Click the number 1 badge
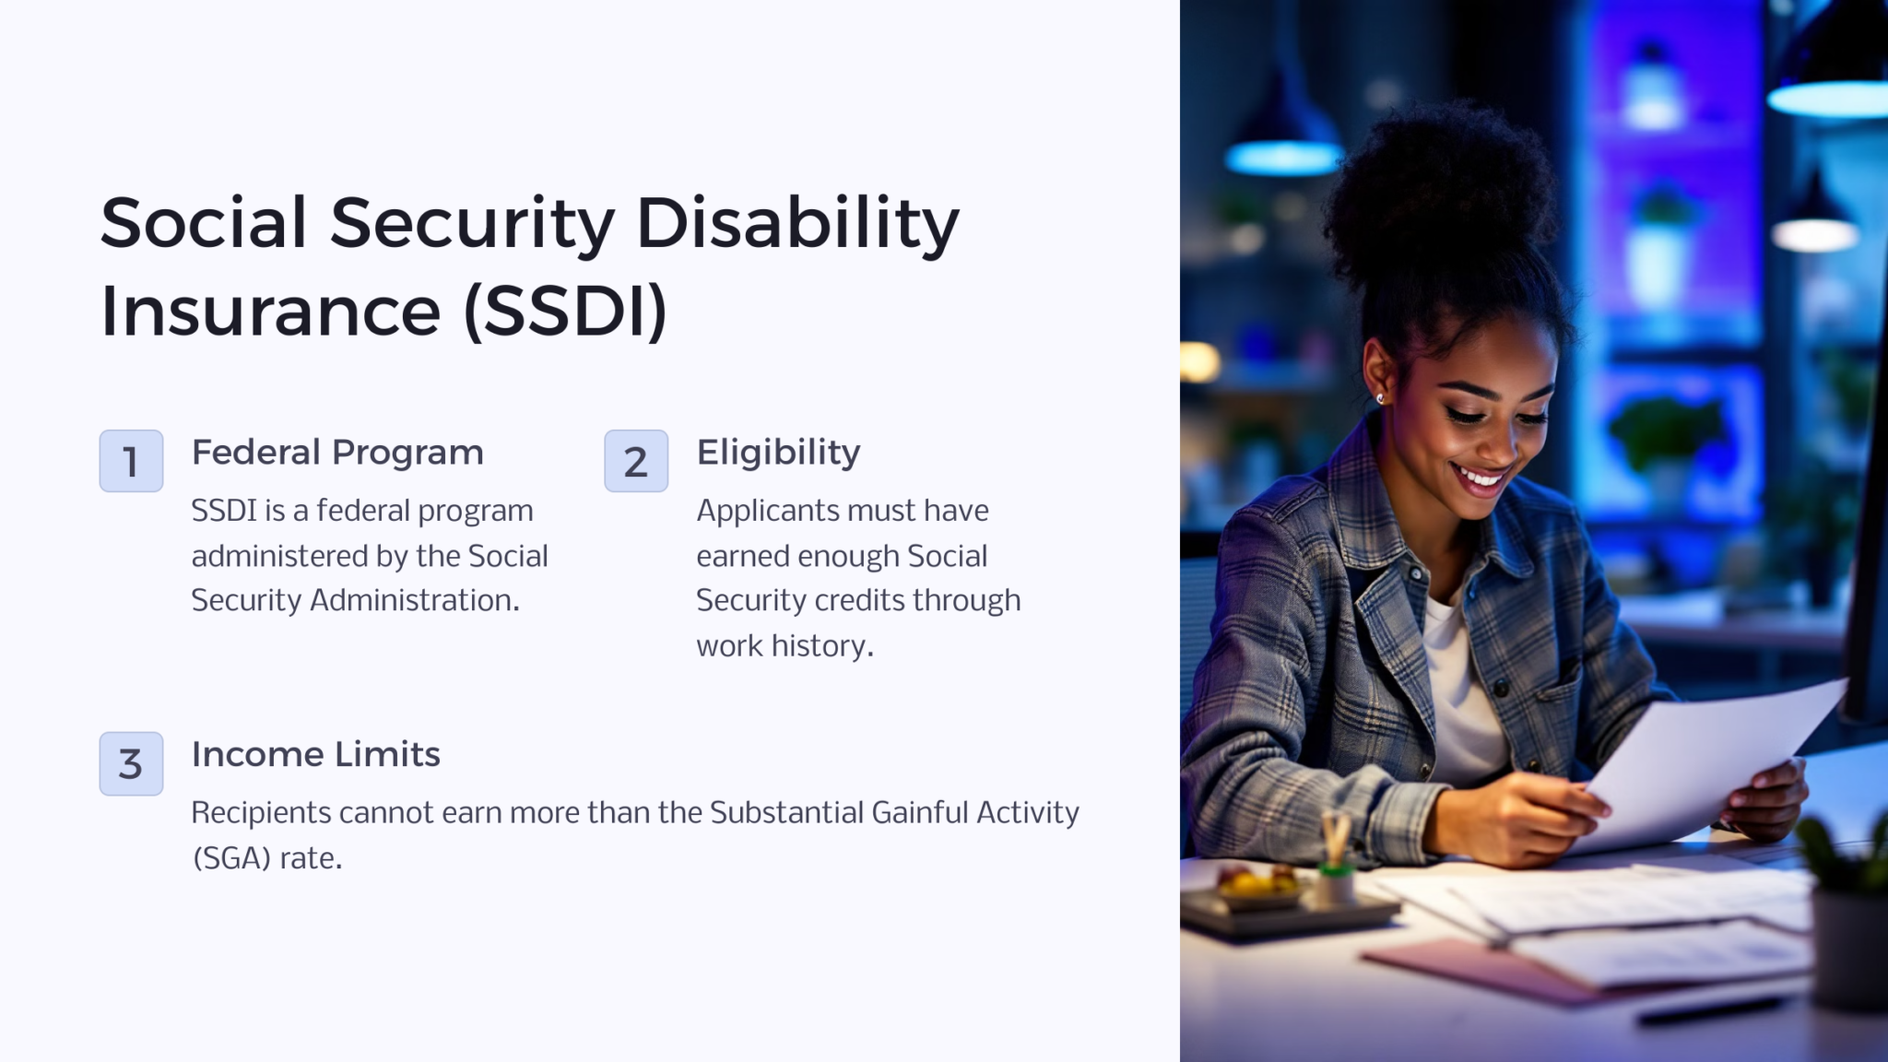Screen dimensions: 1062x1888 (131, 461)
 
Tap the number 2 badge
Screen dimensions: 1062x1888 (636, 461)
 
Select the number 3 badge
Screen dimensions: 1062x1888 (131, 763)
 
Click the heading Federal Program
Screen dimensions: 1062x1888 (336, 453)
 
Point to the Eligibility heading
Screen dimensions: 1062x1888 (778, 453)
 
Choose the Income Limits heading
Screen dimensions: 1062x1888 (315, 754)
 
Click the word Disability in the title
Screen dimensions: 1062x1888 (797, 224)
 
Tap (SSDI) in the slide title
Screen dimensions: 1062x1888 (565, 312)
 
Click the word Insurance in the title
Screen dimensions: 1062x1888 (270, 312)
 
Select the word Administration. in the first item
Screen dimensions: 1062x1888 (415, 600)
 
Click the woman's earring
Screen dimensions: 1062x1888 (1380, 398)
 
